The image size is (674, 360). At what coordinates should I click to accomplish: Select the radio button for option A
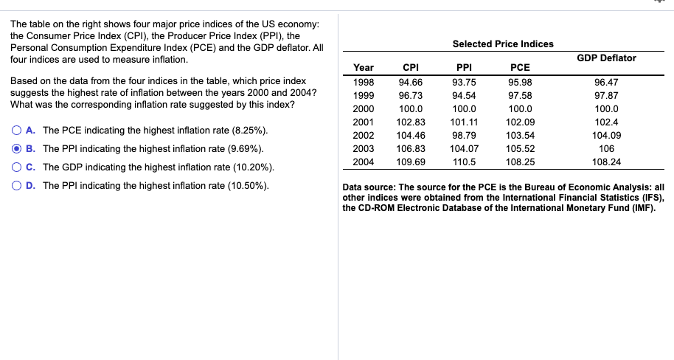(x=15, y=131)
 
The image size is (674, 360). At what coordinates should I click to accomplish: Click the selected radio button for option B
(x=15, y=148)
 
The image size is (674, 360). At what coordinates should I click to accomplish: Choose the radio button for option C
(x=15, y=167)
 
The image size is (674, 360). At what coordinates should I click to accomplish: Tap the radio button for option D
(x=15, y=184)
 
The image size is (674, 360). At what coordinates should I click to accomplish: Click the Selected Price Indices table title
(x=502, y=44)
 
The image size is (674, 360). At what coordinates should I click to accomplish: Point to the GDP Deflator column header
(x=606, y=58)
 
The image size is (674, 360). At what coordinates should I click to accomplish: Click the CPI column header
(x=411, y=68)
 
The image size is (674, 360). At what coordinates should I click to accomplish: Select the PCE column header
(x=520, y=68)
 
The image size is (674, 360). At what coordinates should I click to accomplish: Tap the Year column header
(x=364, y=68)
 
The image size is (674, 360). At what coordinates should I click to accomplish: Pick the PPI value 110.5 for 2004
(x=464, y=162)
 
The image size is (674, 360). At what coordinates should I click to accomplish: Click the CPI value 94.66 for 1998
(x=411, y=82)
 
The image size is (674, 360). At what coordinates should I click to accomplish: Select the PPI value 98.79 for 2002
(x=464, y=135)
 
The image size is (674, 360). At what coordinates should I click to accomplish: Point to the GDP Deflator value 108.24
(x=606, y=162)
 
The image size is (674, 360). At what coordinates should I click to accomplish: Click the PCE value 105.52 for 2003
(x=520, y=148)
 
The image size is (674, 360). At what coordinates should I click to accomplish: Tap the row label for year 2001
(x=364, y=122)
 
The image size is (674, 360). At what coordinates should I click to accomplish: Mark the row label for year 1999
(x=364, y=95)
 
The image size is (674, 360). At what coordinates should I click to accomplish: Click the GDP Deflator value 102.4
(x=606, y=122)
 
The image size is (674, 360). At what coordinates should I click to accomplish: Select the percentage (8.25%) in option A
(x=249, y=131)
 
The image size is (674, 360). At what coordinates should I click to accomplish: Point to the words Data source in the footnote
(x=369, y=187)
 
